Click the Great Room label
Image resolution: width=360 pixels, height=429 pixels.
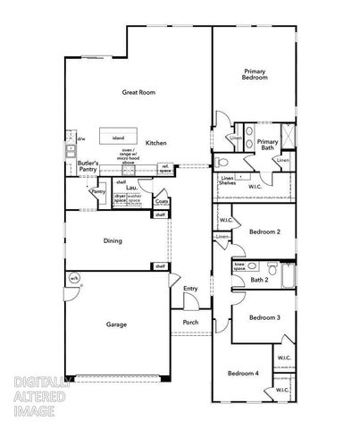pos(139,92)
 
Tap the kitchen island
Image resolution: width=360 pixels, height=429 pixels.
pos(119,139)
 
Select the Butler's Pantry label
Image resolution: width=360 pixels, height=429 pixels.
pos(88,165)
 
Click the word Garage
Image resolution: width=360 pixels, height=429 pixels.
pos(116,324)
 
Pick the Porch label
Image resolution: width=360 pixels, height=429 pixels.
pos(190,323)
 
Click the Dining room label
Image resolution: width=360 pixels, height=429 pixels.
pos(113,240)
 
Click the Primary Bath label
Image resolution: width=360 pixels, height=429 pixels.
pos(267,145)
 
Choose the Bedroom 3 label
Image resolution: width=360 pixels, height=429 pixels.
pos(264,317)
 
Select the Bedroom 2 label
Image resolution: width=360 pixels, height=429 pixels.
pos(264,231)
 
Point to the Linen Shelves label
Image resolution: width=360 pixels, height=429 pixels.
pos(228,182)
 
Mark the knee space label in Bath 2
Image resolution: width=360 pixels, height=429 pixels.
pos(239,266)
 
